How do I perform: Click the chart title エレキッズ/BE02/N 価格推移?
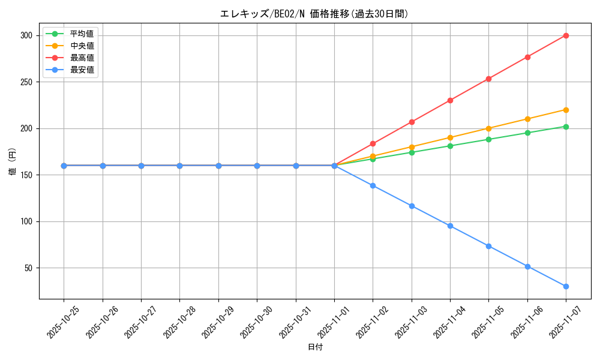click(314, 14)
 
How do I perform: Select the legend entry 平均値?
click(82, 34)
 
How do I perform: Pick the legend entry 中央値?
click(82, 46)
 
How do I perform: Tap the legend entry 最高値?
click(82, 58)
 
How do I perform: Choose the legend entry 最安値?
click(82, 70)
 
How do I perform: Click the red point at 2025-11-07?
click(566, 35)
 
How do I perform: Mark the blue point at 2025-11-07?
click(566, 286)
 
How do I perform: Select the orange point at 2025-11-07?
click(566, 110)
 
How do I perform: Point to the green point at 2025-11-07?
click(566, 127)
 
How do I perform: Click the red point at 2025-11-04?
click(450, 100)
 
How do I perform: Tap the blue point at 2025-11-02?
click(373, 185)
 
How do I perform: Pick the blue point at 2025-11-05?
click(488, 246)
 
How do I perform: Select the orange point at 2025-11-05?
click(488, 128)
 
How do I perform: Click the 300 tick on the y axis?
click(25, 35)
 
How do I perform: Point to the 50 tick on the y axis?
click(27, 268)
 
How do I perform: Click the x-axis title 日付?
click(315, 347)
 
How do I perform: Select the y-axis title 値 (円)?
click(13, 161)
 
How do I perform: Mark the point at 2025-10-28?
click(179, 166)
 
